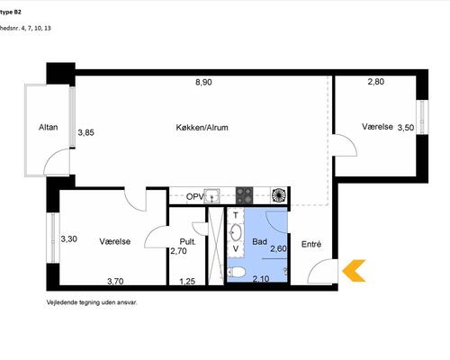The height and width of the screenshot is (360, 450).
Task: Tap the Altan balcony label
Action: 48,127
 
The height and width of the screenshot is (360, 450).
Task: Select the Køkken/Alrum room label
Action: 202,128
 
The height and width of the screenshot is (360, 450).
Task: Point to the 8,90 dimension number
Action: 203,82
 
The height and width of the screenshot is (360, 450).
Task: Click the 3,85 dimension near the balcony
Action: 86,132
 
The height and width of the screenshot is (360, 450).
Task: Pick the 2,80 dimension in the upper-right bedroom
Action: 376,82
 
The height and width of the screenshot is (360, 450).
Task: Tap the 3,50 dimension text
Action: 406,128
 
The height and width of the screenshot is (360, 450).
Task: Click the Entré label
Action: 311,244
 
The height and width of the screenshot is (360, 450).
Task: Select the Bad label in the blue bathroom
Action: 259,241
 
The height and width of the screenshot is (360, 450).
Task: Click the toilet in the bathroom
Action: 237,273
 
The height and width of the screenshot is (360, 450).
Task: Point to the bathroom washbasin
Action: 236,232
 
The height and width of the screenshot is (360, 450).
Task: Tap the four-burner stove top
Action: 244,195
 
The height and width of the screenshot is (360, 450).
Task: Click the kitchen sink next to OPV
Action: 211,196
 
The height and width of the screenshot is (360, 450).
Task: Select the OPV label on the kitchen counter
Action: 195,197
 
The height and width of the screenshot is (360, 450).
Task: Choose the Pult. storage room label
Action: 188,241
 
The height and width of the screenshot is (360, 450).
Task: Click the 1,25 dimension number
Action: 187,282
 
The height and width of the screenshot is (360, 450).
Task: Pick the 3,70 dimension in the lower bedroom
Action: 115,282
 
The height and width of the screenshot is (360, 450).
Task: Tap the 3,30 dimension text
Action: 69,239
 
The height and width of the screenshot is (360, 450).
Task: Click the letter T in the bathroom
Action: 236,215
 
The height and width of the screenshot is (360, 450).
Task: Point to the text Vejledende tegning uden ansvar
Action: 92,302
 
